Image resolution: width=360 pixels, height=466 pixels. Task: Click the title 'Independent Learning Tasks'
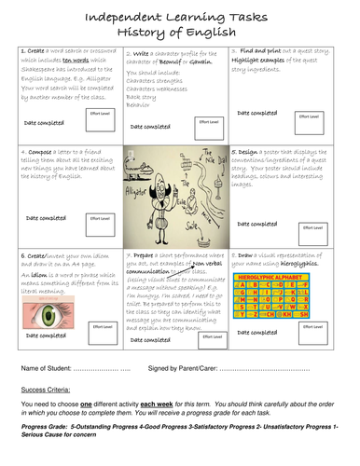[179, 16]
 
